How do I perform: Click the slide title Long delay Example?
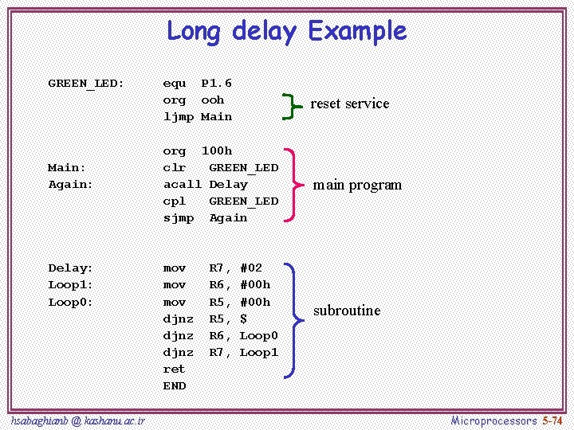(286, 31)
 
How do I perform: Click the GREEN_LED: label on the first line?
(86, 84)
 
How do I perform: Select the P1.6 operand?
(216, 83)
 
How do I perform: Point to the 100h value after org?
(216, 150)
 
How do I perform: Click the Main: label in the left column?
(67, 168)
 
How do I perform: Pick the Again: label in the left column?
(71, 185)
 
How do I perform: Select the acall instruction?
(182, 185)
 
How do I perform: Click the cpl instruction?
(174, 201)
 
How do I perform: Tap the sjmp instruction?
(178, 218)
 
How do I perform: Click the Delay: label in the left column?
(71, 268)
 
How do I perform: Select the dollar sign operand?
(243, 319)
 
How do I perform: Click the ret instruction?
(174, 369)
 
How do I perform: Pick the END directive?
(174, 386)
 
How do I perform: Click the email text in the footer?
(78, 420)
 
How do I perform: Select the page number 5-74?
(552, 420)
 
